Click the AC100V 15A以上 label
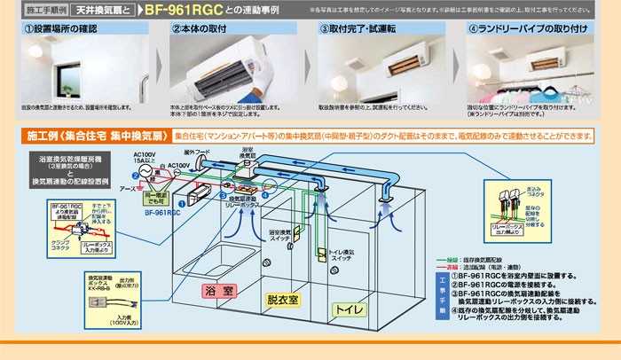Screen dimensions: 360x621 (145, 156)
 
